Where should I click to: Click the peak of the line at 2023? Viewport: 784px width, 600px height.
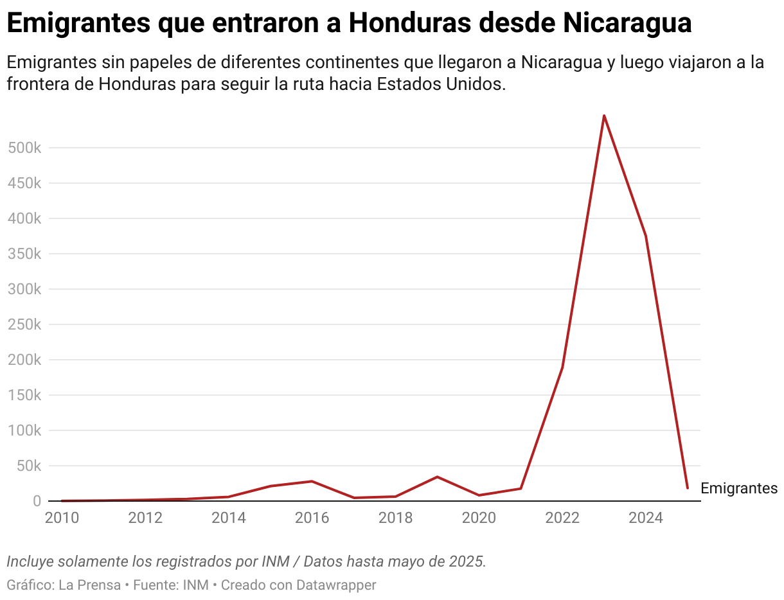click(x=604, y=116)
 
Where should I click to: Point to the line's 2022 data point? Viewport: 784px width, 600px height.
click(x=562, y=368)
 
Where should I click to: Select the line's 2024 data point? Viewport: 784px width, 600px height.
click(x=645, y=236)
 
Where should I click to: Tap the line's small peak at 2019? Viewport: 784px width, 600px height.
click(x=437, y=477)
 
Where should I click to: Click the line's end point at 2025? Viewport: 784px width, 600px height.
click(x=687, y=488)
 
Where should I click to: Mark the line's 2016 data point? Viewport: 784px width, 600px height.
click(x=312, y=481)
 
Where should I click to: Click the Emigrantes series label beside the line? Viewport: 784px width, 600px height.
click(x=738, y=488)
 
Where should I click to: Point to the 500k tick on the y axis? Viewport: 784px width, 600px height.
click(x=24, y=148)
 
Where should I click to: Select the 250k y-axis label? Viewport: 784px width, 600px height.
click(x=24, y=324)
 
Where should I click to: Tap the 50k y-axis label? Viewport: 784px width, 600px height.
click(x=28, y=466)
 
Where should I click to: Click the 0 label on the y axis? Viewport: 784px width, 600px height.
click(x=37, y=501)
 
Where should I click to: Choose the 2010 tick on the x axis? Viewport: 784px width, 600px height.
click(x=62, y=518)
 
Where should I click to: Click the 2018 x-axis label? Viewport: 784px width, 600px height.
click(x=395, y=518)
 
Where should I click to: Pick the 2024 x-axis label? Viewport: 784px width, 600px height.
click(x=645, y=518)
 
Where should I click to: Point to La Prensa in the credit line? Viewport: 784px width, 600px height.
click(x=89, y=585)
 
